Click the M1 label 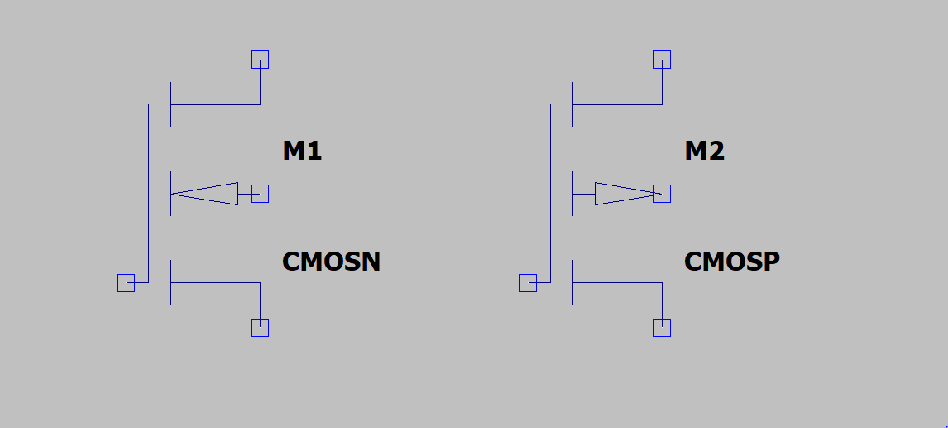click(302, 151)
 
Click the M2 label click(704, 151)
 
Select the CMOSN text click(331, 262)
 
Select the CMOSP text click(732, 262)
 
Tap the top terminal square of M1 click(260, 60)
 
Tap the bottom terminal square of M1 click(260, 328)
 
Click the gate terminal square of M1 click(126, 283)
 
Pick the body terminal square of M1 click(260, 194)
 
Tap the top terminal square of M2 click(662, 60)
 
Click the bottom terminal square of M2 click(662, 328)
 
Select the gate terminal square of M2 click(528, 283)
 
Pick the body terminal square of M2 click(662, 194)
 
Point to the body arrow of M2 click(625, 194)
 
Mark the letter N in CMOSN click(370, 262)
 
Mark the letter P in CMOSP click(770, 262)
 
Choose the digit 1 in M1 click(314, 151)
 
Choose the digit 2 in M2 click(716, 151)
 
